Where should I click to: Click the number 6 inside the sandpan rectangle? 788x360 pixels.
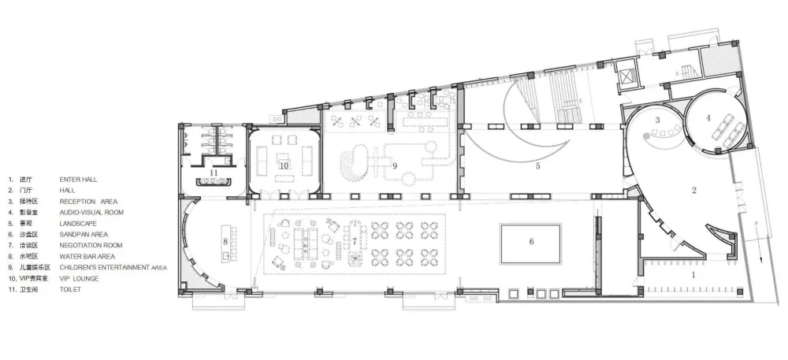pyautogui.click(x=531, y=242)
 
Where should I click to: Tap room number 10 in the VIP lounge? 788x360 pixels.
pyautogui.click(x=284, y=165)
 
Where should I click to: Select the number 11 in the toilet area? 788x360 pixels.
pyautogui.click(x=214, y=173)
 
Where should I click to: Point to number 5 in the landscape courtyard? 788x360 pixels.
pyautogui.click(x=537, y=165)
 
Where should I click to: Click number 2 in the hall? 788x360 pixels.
pyautogui.click(x=694, y=190)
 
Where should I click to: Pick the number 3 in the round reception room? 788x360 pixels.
pyautogui.click(x=657, y=120)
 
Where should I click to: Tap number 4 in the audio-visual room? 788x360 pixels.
pyautogui.click(x=708, y=118)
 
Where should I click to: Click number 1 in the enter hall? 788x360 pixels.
pyautogui.click(x=694, y=275)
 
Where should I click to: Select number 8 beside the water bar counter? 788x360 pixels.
pyautogui.click(x=225, y=242)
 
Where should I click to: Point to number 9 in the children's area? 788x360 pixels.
pyautogui.click(x=395, y=165)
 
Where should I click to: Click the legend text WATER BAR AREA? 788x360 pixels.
pyautogui.click(x=87, y=256)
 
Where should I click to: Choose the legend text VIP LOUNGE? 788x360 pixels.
pyautogui.click(x=79, y=278)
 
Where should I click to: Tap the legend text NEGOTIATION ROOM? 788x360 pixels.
pyautogui.click(x=91, y=245)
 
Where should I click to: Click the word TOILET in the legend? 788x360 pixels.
pyautogui.click(x=70, y=289)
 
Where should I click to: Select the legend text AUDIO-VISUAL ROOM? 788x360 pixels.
pyautogui.click(x=91, y=212)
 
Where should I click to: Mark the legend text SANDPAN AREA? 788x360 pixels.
pyautogui.click(x=84, y=234)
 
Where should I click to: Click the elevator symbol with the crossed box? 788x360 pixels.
pyautogui.click(x=626, y=77)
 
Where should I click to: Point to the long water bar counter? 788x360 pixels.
pyautogui.click(x=226, y=243)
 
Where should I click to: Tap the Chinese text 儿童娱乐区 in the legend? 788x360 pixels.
pyautogui.click(x=35, y=267)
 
